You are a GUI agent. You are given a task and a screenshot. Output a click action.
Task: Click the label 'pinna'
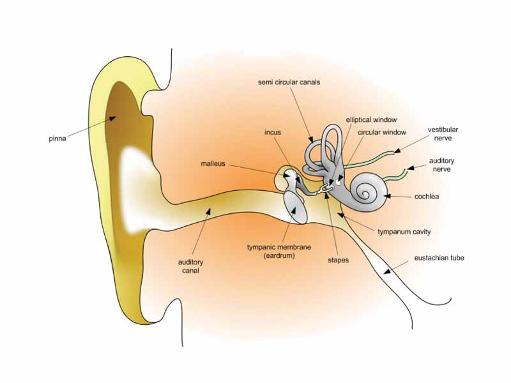(58, 137)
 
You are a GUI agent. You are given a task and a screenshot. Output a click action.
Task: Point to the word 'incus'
(273, 132)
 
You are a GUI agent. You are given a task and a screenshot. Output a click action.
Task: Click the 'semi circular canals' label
(289, 82)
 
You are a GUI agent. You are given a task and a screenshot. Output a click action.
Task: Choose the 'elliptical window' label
(371, 119)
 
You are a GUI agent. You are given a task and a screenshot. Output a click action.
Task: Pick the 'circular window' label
(382, 132)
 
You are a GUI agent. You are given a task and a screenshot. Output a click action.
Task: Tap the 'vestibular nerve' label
(443, 134)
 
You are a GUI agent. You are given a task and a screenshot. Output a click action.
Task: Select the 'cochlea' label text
(426, 197)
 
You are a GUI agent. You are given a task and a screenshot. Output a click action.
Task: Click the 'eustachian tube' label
(439, 258)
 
